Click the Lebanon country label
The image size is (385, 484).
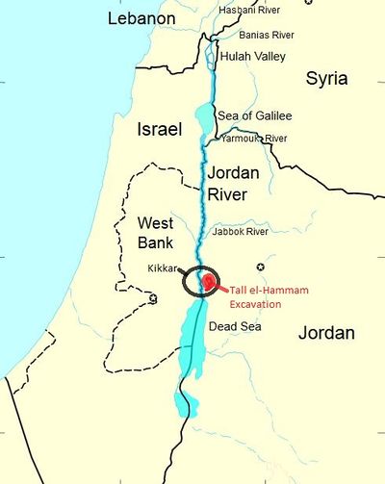[x=141, y=19]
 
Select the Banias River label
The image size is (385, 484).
[x=267, y=35]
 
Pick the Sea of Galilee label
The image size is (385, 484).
[x=253, y=116]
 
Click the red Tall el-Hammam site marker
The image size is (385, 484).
[x=208, y=282]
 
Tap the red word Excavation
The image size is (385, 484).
[x=254, y=303]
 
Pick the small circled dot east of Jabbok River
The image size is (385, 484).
[x=259, y=266]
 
